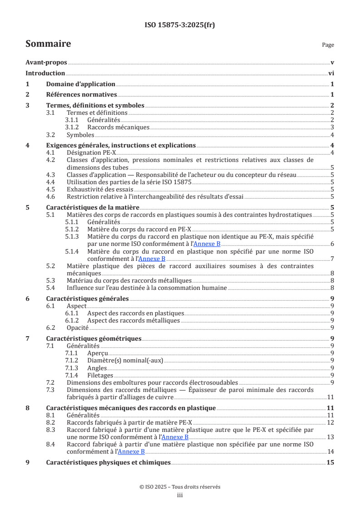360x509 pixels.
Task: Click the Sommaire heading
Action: tap(48, 44)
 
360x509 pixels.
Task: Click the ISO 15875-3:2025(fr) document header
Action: tap(180, 25)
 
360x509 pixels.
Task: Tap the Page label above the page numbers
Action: tap(328, 45)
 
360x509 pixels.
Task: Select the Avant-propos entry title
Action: tap(46, 63)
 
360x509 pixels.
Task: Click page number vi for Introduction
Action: tap(331, 73)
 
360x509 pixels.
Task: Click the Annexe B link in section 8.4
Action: tap(131, 452)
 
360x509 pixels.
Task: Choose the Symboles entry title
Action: tap(80, 135)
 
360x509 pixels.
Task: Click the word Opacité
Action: tap(78, 328)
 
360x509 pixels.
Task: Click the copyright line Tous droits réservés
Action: tap(180, 487)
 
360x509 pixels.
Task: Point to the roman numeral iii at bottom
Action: tap(180, 495)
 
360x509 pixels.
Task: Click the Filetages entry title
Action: tap(100, 375)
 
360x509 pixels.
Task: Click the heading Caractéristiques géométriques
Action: tap(94, 338)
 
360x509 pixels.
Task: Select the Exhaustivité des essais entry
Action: tap(98, 189)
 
